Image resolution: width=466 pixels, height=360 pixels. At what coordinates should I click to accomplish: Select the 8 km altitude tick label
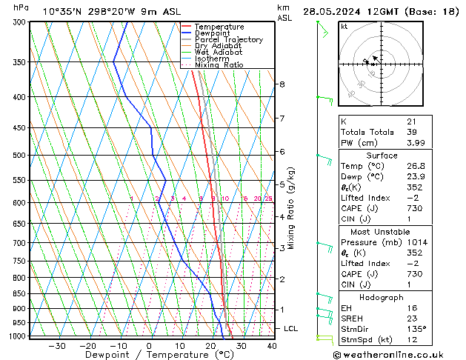(x=282, y=84)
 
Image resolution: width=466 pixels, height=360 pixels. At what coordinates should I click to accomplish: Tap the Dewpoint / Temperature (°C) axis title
(x=150, y=355)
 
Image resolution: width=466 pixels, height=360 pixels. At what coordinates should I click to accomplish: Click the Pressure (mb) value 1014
(x=416, y=242)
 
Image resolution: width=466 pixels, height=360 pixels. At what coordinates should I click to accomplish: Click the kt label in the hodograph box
(x=344, y=27)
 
